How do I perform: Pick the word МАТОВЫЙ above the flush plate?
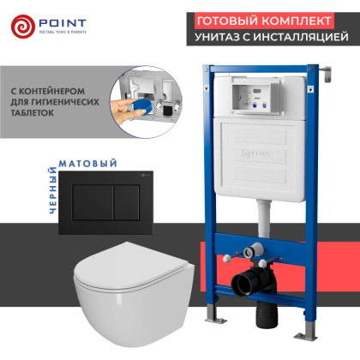(85, 161)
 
